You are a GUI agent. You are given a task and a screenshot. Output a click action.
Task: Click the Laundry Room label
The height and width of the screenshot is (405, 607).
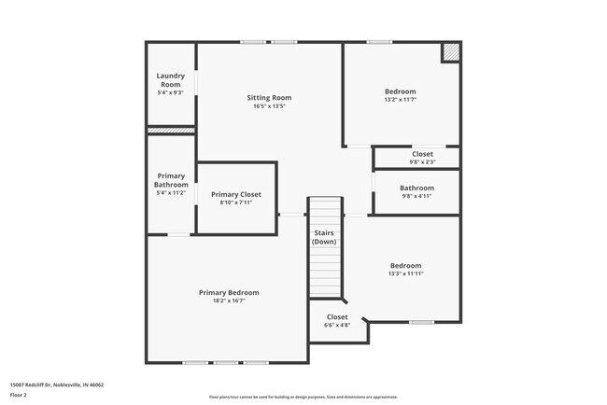pos(170,79)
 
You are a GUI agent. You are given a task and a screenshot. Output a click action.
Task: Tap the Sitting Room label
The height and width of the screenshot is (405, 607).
pos(269,98)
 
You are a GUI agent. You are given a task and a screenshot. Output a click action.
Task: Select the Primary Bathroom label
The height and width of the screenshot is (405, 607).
pos(171,180)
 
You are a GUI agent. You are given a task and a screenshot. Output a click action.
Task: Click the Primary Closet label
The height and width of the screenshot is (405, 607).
pos(235,194)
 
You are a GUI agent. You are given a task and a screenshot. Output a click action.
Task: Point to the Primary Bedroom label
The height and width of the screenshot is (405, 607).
pos(229,292)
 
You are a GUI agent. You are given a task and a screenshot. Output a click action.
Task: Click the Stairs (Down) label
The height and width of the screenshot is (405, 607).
pos(324,237)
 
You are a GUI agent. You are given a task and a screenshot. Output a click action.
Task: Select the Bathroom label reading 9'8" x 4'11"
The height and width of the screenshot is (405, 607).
pos(417,188)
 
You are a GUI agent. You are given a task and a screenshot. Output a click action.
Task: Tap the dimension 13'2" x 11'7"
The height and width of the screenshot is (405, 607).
pos(401,100)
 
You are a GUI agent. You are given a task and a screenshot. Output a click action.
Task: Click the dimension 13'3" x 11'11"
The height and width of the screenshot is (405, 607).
pos(405,274)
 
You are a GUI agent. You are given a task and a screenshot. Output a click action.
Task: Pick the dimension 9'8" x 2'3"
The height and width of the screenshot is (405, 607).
pos(422,162)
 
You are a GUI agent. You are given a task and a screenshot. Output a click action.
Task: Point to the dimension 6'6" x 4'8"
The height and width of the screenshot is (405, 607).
pos(337,326)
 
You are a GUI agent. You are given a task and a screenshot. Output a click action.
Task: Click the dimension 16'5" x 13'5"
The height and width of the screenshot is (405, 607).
pos(269,106)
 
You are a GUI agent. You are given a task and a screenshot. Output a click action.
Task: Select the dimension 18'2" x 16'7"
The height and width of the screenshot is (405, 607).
pos(229,300)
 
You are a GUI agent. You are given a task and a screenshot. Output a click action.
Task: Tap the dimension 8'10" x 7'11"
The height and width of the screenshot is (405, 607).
pos(235,202)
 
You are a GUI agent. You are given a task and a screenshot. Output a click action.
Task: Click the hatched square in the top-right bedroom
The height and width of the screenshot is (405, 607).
pos(451,52)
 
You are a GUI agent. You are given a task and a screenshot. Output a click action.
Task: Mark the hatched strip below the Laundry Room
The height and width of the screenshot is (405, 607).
pos(171,131)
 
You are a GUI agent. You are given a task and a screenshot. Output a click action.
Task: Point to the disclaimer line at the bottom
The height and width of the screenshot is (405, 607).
pos(303,397)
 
